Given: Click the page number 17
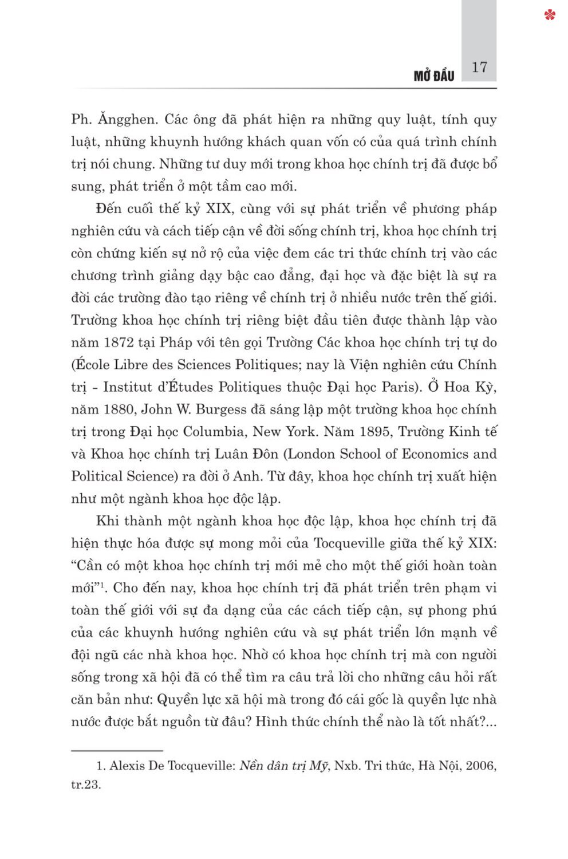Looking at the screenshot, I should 479,68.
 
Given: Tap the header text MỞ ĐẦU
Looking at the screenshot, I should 433,76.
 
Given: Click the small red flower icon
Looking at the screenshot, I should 550,15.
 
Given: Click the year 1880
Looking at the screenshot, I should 119,409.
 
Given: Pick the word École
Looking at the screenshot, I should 93,365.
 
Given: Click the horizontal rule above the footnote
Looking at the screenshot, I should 117,750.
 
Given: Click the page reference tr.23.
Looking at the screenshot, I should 86,785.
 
